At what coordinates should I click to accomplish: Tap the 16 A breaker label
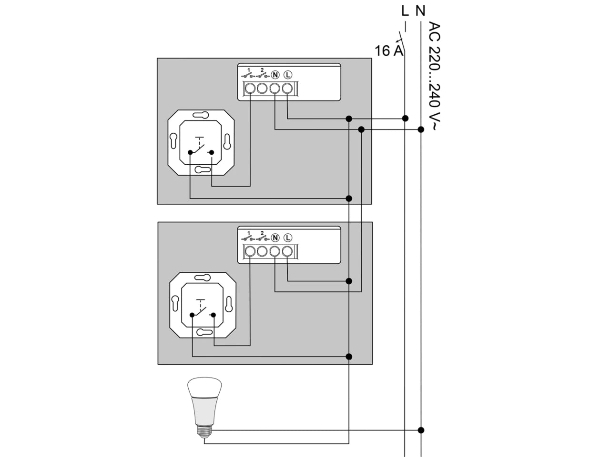[388, 51]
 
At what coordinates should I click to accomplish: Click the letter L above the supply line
[405, 11]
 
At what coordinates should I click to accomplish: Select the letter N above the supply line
[420, 11]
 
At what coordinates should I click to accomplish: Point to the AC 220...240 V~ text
[435, 76]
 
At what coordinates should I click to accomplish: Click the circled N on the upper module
[275, 75]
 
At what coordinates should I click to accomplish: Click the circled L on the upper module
[288, 75]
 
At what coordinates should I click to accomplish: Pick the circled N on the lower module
[275, 238]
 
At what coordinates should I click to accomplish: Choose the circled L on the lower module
[288, 238]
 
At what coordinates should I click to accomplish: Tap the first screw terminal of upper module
[250, 89]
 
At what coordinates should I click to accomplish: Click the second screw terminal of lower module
[262, 251]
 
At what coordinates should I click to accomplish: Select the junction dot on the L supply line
[405, 119]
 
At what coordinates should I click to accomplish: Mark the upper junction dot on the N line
[421, 129]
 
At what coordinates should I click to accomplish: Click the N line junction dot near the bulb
[421, 430]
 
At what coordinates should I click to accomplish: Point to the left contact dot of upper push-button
[190, 152]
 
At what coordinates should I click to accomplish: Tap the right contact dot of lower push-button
[213, 315]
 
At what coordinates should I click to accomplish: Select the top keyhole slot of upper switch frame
[201, 115]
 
